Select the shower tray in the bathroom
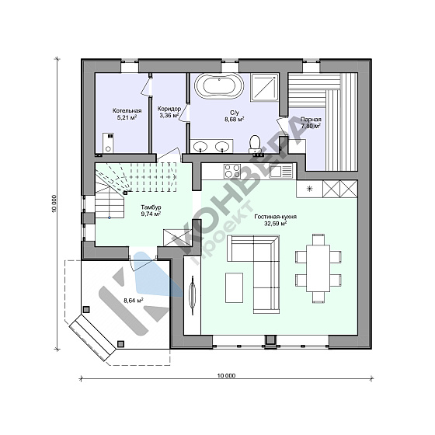coord(264,87)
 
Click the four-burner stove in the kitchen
coord(232,171)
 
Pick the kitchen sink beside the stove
coord(280,171)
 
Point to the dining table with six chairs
coord(318,268)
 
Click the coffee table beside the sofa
coord(234,287)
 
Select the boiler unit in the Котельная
coord(108,143)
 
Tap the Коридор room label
coord(169,109)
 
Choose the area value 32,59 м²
coord(275,224)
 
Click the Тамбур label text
coord(151,207)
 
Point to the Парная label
coord(311,120)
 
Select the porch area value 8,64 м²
coord(133,300)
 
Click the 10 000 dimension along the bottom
coord(226,376)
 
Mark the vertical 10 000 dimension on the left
coord(54,204)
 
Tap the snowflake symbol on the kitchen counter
coord(309,189)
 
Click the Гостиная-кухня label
coord(276,217)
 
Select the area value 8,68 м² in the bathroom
coord(235,120)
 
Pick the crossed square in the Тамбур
coord(172,238)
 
